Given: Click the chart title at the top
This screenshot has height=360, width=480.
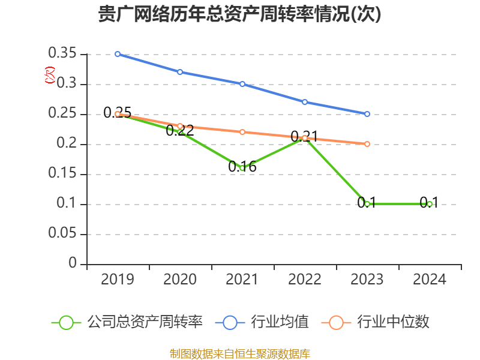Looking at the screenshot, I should click(x=239, y=14).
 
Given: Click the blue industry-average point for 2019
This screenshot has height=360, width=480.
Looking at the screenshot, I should click(x=118, y=54).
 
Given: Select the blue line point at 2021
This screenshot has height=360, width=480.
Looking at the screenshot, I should click(x=242, y=84).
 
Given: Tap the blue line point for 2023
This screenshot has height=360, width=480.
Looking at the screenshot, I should click(x=367, y=114).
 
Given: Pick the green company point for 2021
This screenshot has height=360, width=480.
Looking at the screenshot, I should click(x=242, y=168).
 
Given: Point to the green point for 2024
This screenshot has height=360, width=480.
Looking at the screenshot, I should click(x=430, y=204).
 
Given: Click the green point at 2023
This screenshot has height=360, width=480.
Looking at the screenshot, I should click(x=367, y=204).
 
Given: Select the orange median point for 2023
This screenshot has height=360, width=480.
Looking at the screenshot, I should click(x=367, y=144).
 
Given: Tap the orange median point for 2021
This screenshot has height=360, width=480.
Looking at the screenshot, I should click(x=242, y=132).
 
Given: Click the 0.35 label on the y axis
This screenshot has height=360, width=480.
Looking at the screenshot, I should click(x=62, y=54).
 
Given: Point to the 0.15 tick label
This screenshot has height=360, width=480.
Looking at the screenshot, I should click(x=62, y=174).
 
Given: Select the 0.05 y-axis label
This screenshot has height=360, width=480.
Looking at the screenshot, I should click(x=62, y=234).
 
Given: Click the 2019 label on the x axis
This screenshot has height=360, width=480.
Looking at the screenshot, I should click(x=118, y=280).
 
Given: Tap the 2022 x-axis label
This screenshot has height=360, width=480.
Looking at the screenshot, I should click(x=305, y=280).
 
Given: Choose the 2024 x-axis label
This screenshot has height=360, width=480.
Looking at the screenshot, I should click(x=430, y=280).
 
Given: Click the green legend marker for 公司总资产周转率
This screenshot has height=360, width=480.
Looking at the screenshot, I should click(x=67, y=322).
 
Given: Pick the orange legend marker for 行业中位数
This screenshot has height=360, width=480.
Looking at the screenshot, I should click(x=337, y=322).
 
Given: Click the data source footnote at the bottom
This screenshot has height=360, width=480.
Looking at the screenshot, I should click(x=239, y=353).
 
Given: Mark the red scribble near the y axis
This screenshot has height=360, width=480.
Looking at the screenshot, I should click(x=50, y=75).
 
